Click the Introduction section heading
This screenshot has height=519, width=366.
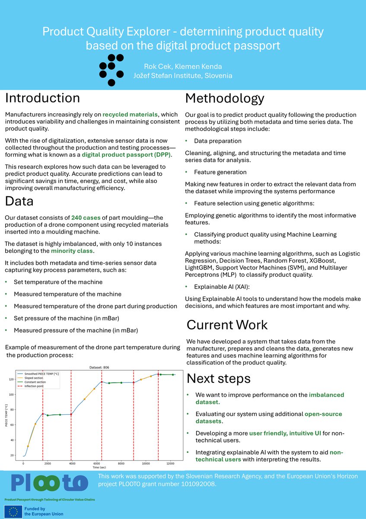(42, 98)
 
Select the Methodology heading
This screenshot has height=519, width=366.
(224, 99)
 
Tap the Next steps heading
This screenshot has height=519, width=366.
(218, 379)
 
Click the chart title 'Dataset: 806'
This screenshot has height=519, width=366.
(99, 368)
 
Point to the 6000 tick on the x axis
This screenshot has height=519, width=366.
(96, 463)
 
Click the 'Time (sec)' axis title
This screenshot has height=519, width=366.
(99, 468)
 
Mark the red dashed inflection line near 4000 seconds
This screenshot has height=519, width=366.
(71, 415)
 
